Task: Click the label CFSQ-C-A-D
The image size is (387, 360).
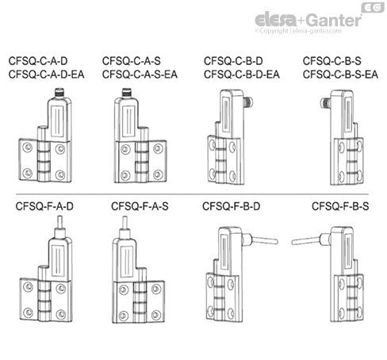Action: pyautogui.click(x=37, y=59)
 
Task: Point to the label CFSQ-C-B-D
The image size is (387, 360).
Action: pyautogui.click(x=235, y=59)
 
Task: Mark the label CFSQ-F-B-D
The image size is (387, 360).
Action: pyautogui.click(x=235, y=207)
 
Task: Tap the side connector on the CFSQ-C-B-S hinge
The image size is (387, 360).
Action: pyautogui.click(x=323, y=101)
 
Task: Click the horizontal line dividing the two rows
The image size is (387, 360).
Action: pyautogui.click(x=193, y=193)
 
